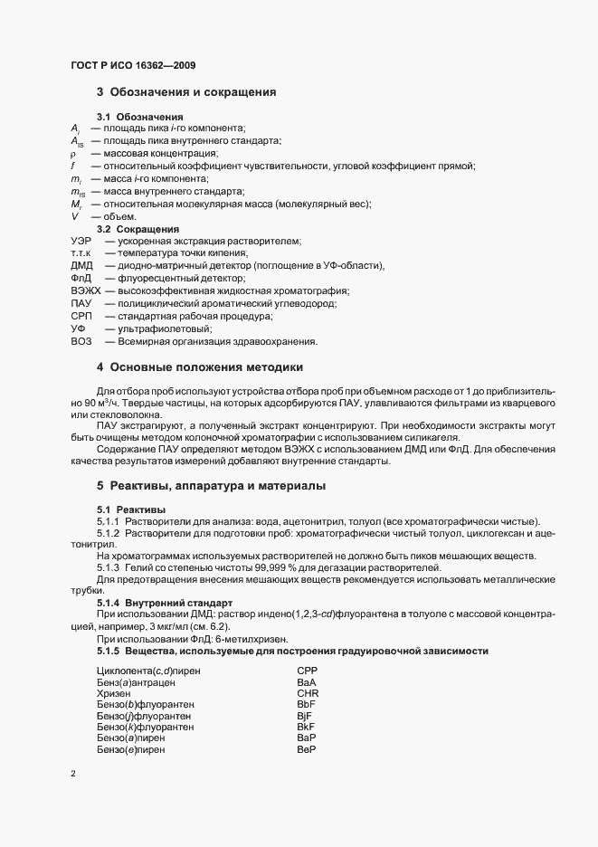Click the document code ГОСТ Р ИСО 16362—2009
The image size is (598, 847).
click(133, 65)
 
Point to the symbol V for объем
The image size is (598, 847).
click(73, 217)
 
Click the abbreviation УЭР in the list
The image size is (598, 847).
click(81, 241)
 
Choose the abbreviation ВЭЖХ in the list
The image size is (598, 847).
click(85, 291)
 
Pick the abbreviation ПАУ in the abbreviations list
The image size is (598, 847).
click(81, 304)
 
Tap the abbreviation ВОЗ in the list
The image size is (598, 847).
click(81, 342)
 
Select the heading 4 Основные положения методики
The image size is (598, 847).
click(200, 367)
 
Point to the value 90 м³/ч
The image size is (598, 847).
click(91, 402)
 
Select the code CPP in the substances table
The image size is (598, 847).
click(306, 671)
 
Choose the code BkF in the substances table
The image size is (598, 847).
click(305, 727)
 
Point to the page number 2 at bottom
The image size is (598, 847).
click(72, 774)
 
